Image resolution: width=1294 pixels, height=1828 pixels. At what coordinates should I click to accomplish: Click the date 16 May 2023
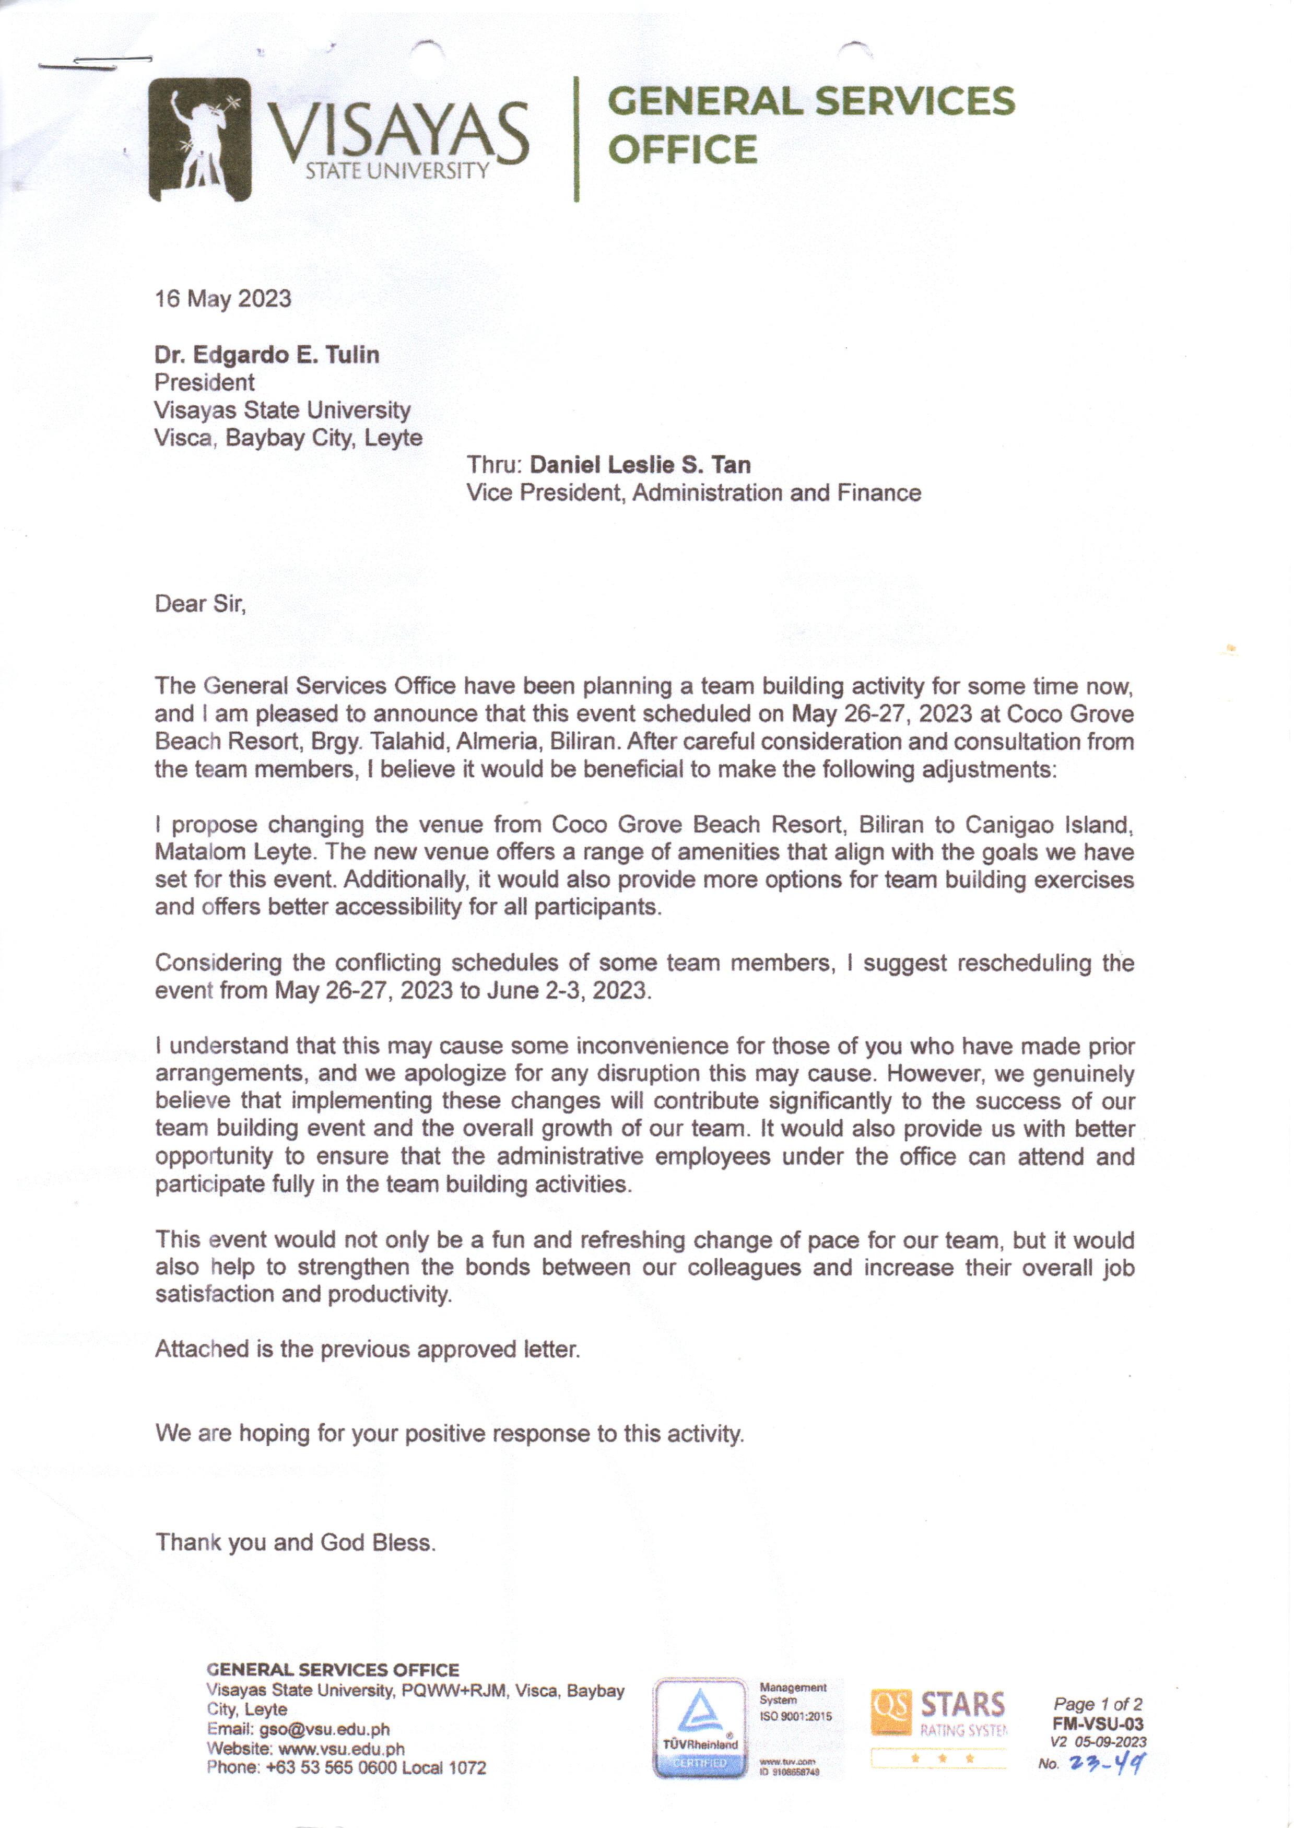click(223, 299)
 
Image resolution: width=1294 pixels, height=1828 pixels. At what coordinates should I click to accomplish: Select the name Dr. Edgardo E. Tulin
click(267, 355)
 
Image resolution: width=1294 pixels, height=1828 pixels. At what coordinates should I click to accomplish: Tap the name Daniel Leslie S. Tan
click(640, 464)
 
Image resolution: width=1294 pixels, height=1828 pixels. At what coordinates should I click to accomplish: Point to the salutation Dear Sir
click(200, 604)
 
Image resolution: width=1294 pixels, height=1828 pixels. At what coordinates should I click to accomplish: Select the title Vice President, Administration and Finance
click(693, 493)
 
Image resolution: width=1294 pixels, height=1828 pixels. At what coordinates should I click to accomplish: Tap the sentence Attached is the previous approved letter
click(367, 1349)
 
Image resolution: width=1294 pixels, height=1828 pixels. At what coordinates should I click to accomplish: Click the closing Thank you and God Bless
click(296, 1542)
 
